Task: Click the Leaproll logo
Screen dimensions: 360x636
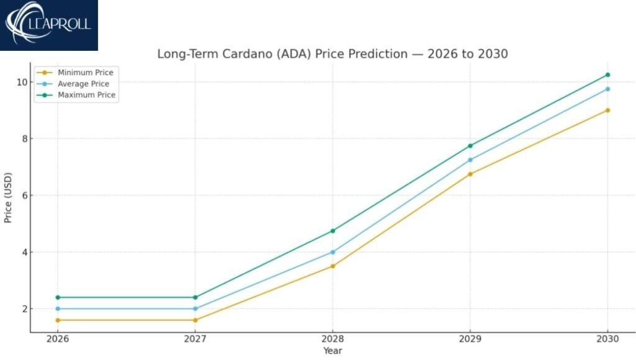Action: click(48, 25)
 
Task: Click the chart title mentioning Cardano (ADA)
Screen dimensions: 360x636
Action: click(332, 54)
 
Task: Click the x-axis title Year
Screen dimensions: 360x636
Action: click(332, 351)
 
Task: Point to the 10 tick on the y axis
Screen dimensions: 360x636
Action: click(20, 82)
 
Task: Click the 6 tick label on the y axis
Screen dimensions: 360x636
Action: click(23, 196)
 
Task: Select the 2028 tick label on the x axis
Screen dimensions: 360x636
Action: click(332, 339)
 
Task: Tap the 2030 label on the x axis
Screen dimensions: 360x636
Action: click(607, 339)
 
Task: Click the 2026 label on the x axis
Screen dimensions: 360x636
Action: click(58, 339)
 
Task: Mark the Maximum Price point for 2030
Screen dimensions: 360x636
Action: click(607, 74)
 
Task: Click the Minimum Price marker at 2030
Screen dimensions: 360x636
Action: click(607, 110)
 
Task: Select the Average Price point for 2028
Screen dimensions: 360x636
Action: click(332, 252)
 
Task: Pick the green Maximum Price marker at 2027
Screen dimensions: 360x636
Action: click(195, 297)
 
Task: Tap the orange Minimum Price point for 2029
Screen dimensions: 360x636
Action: click(470, 174)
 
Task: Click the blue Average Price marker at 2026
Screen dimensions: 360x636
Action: click(58, 308)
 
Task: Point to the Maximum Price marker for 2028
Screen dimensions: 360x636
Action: click(332, 231)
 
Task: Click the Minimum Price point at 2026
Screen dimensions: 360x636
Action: click(58, 320)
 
